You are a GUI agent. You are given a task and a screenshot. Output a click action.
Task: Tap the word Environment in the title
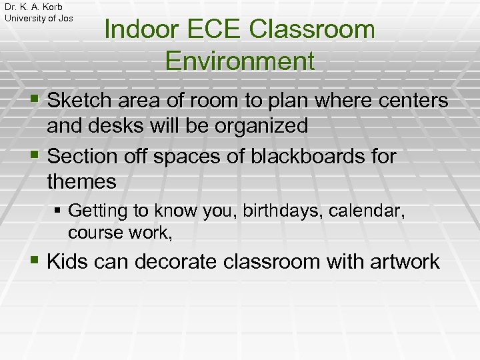tap(239, 61)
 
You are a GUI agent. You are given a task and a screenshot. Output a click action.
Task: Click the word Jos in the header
tap(66, 18)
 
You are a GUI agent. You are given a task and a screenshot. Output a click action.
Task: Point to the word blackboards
tap(306, 157)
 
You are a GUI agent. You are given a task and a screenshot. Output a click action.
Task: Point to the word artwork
tap(401, 261)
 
